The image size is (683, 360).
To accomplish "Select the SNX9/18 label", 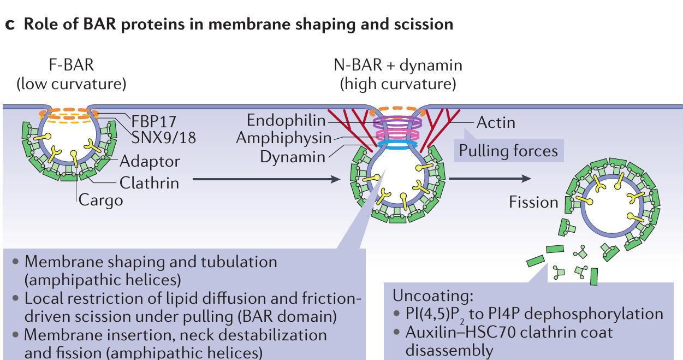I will pos(152,135).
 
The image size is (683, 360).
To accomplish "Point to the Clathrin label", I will pos(149,182).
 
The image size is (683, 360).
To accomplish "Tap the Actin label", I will pos(495,122).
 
